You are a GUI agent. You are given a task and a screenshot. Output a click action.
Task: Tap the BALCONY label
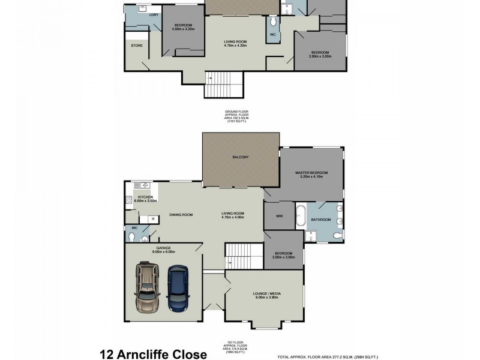[x=241, y=157]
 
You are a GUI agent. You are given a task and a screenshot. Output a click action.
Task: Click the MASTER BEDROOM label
[x=311, y=173]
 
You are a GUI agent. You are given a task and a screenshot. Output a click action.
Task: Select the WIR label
[x=279, y=215]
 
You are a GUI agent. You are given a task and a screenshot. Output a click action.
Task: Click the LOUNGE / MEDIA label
[x=268, y=293]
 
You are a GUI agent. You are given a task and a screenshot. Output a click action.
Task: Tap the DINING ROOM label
[x=180, y=214]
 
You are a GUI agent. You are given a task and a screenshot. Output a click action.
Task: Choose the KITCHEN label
[x=145, y=197]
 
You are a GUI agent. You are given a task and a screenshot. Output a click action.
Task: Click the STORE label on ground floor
[x=136, y=46]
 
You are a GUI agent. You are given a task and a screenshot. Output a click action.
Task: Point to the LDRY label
[x=154, y=14]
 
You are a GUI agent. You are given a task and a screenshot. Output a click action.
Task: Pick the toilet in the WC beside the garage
[x=146, y=238]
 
